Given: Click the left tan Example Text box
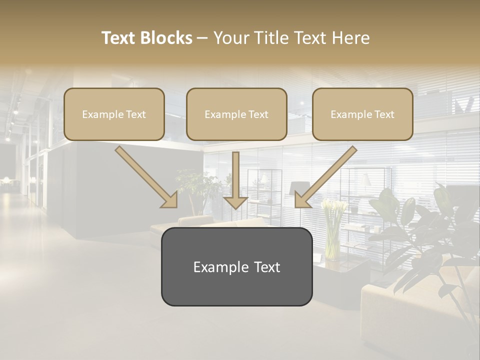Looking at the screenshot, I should [114, 114].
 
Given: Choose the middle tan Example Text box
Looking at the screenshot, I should [236, 114].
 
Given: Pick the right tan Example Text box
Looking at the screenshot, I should [362, 114].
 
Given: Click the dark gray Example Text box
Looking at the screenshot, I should [236, 267].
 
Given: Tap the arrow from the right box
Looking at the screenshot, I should [327, 175].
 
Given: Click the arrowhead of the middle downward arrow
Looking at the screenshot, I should [235, 201].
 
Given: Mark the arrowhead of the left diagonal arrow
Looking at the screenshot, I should [170, 200].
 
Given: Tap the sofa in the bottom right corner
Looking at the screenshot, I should [420, 310].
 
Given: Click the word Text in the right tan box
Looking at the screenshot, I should [384, 114].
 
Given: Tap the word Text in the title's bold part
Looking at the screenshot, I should [119, 38].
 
